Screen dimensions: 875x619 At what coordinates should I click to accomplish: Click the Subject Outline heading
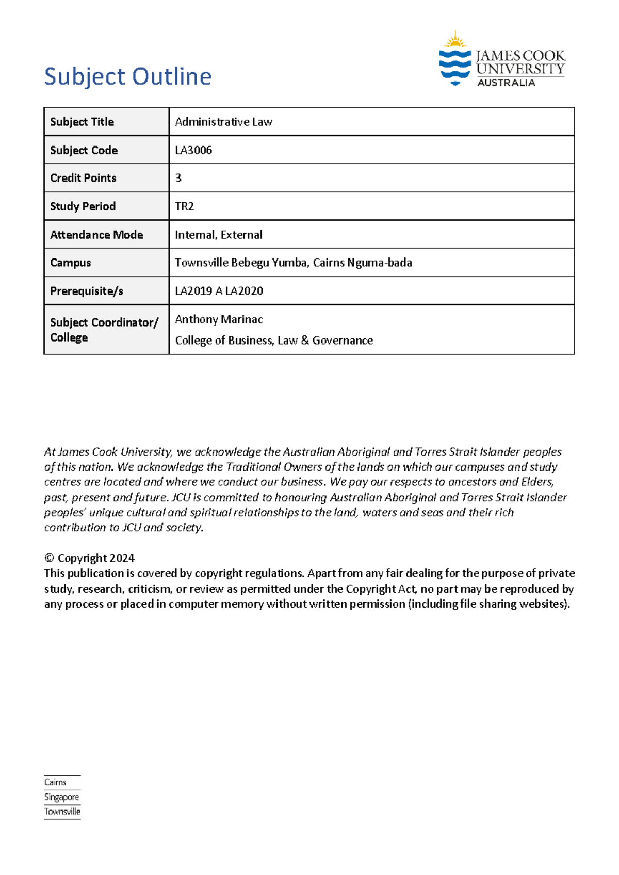[x=128, y=76]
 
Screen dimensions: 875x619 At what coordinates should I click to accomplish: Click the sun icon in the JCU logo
[x=455, y=40]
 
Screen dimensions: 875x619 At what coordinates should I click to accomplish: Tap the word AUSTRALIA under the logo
[x=506, y=83]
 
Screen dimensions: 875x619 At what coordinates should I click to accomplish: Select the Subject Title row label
[x=82, y=122]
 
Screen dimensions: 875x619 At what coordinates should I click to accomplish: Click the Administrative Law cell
[x=223, y=122]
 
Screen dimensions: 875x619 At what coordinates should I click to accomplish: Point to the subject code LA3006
[x=193, y=150]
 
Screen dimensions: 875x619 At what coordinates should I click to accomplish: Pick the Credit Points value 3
[x=178, y=178]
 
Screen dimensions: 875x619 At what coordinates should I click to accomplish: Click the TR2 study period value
[x=184, y=206]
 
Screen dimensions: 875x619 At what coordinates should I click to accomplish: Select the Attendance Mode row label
[x=96, y=235]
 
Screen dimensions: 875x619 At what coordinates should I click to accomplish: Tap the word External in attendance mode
[x=241, y=235]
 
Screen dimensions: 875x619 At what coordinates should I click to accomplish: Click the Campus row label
[x=71, y=263]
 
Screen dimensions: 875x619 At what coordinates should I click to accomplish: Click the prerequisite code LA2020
[x=244, y=291]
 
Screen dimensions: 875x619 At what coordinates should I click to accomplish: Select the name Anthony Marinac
[x=219, y=319]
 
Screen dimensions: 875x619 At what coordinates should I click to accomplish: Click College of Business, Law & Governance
[x=274, y=341]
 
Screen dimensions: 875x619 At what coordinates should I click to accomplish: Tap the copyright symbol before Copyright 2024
[x=49, y=558]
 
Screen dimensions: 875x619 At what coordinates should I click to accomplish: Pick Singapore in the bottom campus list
[x=61, y=797]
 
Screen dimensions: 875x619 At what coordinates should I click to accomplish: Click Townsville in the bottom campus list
[x=62, y=812]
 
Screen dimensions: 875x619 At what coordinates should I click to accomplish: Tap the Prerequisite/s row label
[x=87, y=291]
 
